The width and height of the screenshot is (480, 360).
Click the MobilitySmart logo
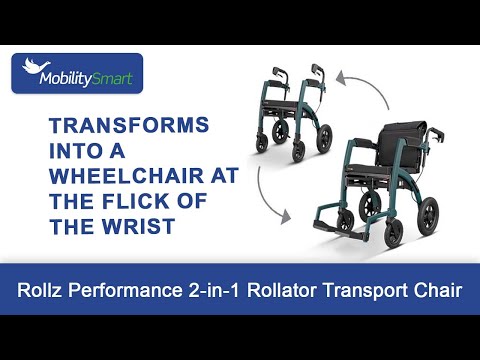point(77,73)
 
